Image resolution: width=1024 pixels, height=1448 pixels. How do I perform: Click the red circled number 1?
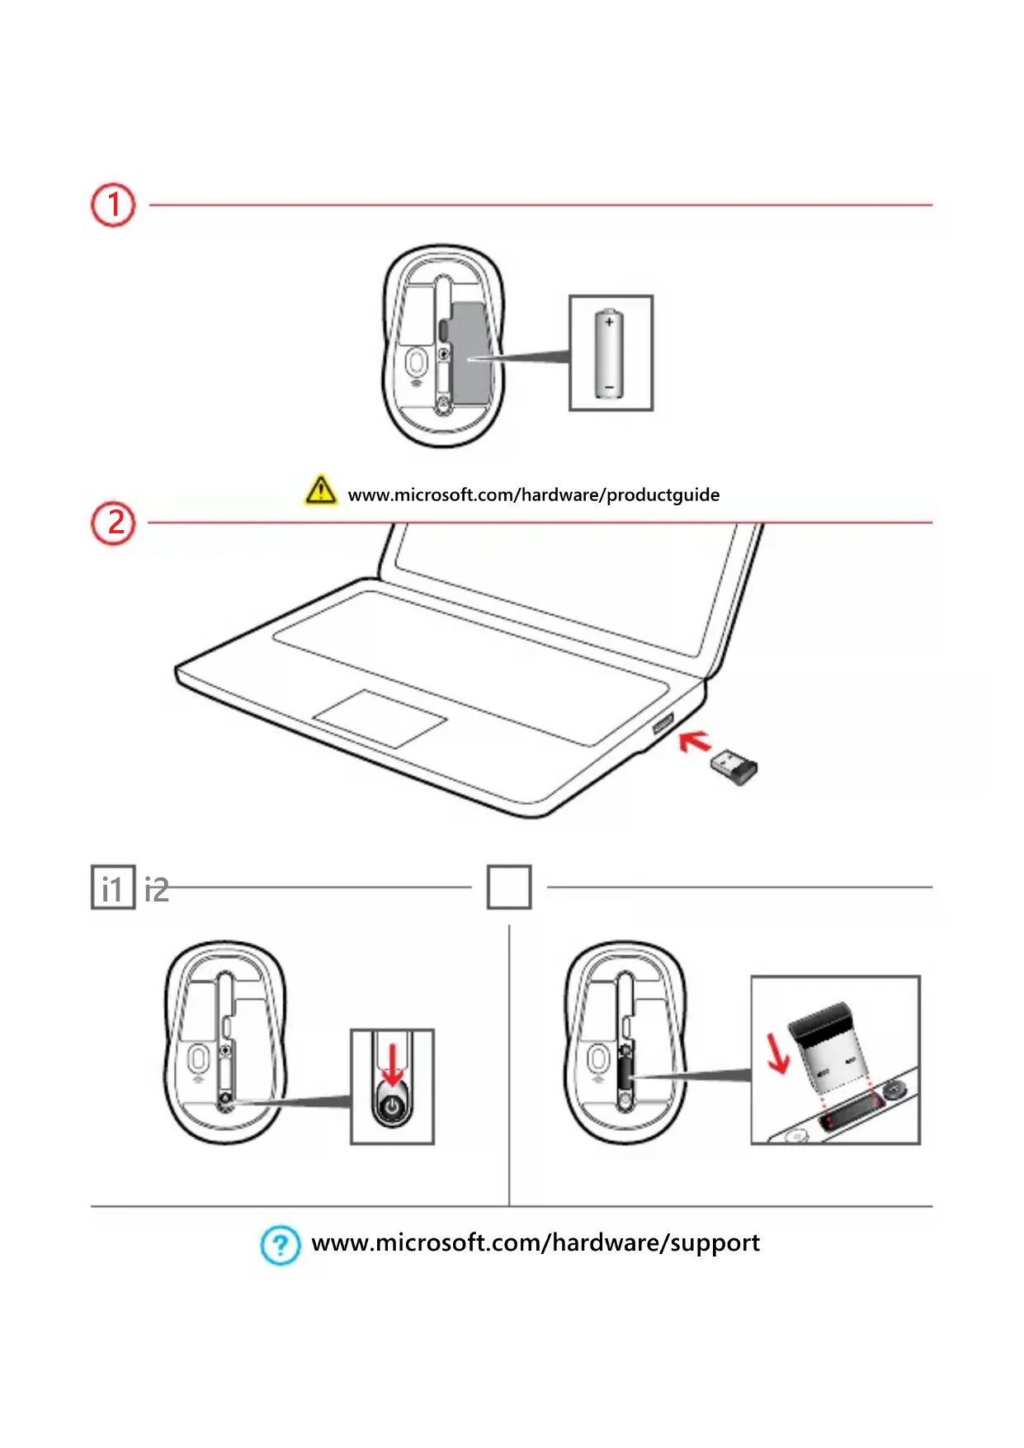click(x=113, y=205)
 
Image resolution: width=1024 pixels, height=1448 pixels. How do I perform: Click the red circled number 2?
click(x=113, y=523)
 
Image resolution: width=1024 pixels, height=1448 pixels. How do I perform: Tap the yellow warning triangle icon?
click(x=320, y=490)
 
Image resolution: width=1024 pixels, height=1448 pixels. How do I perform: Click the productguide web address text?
click(x=533, y=495)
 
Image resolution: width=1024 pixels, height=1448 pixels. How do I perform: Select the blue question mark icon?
click(x=281, y=1244)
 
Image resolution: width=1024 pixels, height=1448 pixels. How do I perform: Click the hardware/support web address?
click(x=536, y=1243)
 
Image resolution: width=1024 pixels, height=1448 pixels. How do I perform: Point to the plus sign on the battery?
click(x=609, y=322)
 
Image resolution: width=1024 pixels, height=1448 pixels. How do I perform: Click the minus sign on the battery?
click(x=609, y=386)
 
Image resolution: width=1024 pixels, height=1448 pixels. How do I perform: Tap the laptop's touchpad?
click(x=380, y=719)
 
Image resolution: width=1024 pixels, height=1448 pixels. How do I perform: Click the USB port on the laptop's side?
click(x=663, y=723)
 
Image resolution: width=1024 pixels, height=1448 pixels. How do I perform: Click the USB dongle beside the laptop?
click(x=734, y=767)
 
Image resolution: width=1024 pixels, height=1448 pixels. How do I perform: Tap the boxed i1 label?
click(x=112, y=888)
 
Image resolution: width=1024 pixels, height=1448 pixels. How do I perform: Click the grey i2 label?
click(x=157, y=890)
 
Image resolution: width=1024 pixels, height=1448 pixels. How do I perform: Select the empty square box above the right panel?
click(x=509, y=887)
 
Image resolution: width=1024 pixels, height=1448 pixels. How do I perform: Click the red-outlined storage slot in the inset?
click(x=852, y=1118)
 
